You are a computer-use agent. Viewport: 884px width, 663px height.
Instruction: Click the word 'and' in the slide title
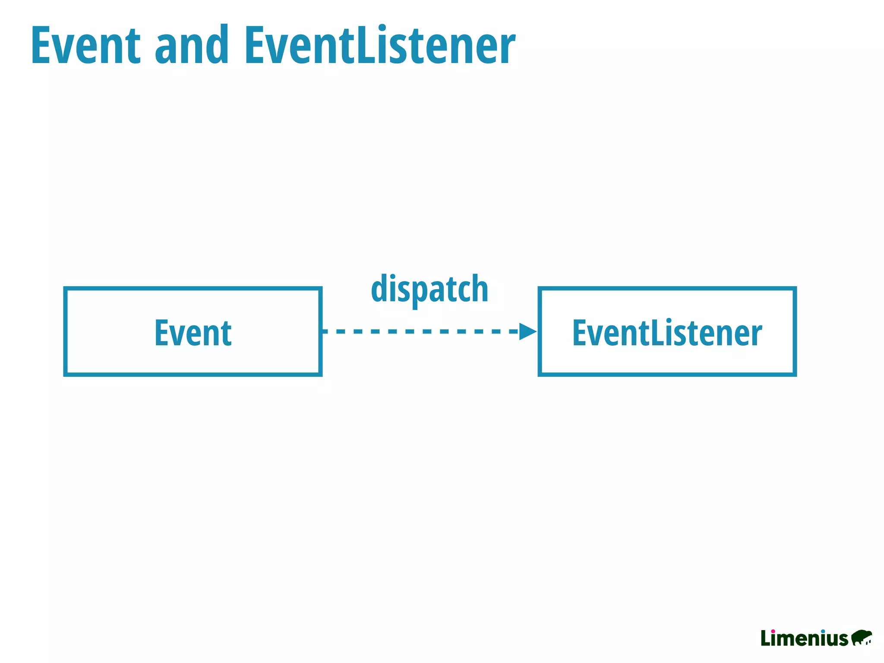pos(191,45)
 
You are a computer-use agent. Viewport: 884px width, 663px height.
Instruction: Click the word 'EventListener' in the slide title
pos(380,45)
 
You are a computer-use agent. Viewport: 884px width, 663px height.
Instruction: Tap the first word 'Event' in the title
pos(85,45)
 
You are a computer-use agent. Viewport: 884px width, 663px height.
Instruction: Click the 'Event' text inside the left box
pos(193,333)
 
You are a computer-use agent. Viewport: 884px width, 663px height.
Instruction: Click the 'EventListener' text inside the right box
pos(667,333)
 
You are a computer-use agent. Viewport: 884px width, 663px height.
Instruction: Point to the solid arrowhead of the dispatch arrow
pos(527,331)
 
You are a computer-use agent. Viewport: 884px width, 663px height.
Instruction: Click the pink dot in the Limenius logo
pos(773,631)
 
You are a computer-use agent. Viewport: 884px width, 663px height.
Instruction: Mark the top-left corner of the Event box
pos(65,288)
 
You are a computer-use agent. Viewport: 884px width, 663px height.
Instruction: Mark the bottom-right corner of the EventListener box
pos(795,375)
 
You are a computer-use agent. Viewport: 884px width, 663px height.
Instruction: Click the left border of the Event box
pos(65,331)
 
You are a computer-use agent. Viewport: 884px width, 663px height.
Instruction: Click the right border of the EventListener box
pos(795,331)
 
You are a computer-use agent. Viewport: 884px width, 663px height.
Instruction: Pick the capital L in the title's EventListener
pos(366,45)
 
